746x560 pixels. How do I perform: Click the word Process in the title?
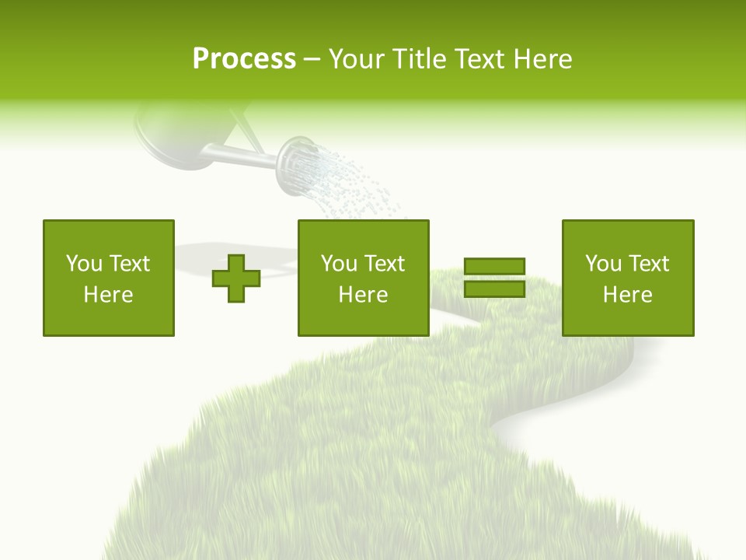[244, 59]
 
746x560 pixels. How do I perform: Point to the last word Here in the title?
[543, 59]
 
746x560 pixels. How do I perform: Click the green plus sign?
[236, 278]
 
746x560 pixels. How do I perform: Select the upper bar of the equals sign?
[494, 266]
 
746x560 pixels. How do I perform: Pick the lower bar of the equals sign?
[494, 289]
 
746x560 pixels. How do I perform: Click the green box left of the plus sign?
[109, 278]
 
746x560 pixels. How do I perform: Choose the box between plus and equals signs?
[364, 278]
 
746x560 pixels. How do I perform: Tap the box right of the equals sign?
[628, 278]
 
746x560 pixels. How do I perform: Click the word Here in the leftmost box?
[109, 295]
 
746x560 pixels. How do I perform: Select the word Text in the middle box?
[385, 264]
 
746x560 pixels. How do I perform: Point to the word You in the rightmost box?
[604, 264]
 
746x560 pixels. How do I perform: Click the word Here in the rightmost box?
[628, 295]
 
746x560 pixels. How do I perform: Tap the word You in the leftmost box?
[84, 264]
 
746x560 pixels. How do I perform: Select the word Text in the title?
[476, 59]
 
